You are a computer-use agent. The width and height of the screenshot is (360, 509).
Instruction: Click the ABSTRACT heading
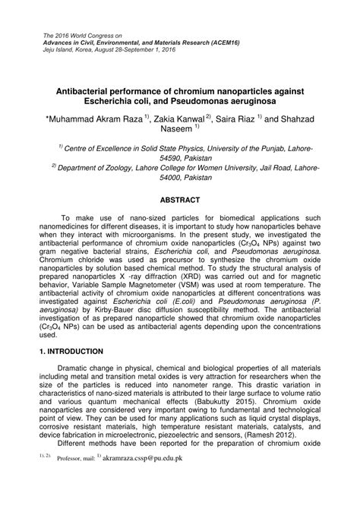click(180, 200)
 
